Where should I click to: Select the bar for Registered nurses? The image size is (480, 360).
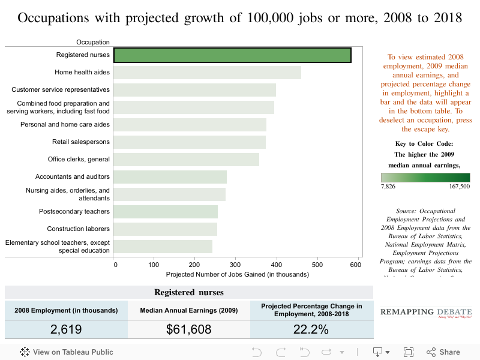click(x=232, y=55)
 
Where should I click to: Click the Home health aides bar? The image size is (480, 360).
click(x=207, y=73)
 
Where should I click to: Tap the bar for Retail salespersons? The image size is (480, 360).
click(x=190, y=142)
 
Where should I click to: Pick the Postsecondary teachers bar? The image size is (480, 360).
click(x=166, y=212)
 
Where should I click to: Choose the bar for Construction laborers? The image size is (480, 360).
click(x=165, y=229)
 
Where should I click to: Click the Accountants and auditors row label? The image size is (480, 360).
click(x=73, y=177)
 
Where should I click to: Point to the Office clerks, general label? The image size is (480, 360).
click(x=79, y=160)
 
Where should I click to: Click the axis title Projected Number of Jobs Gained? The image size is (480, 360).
click(x=237, y=275)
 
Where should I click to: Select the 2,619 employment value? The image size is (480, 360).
click(x=66, y=329)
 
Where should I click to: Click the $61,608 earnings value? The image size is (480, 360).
click(x=189, y=329)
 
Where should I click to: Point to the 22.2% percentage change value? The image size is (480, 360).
click(x=311, y=329)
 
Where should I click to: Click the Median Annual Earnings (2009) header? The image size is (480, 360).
click(x=189, y=310)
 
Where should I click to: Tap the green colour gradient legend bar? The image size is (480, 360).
click(x=425, y=178)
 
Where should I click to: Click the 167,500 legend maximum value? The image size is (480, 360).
click(x=458, y=187)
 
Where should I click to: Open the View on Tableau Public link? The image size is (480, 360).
click(x=67, y=352)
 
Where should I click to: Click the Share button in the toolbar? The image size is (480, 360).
click(x=443, y=352)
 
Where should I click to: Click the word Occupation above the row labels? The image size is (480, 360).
click(x=93, y=42)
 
